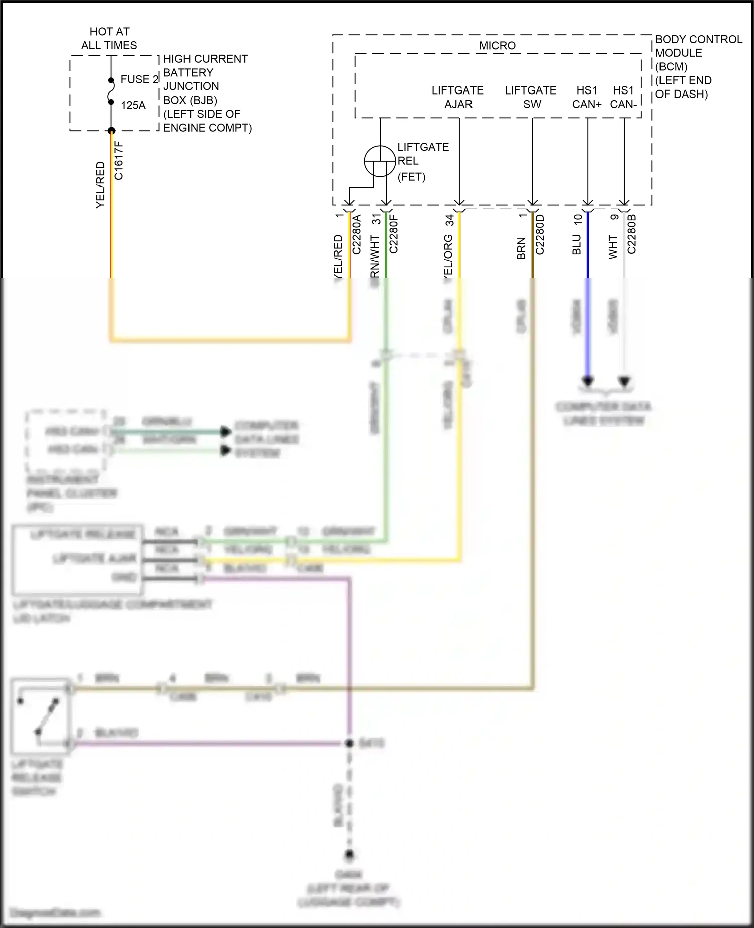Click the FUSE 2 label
(x=139, y=79)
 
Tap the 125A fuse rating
(x=133, y=105)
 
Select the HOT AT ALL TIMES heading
(x=109, y=38)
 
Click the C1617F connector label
(x=119, y=161)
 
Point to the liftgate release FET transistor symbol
(x=380, y=161)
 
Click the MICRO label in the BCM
(x=497, y=46)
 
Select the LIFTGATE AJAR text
(x=457, y=97)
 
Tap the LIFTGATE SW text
(x=531, y=97)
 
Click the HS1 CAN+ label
(x=587, y=97)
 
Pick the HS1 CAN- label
(x=623, y=97)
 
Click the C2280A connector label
(x=357, y=235)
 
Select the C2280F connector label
(x=394, y=234)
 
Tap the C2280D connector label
(x=540, y=235)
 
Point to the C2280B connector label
(x=632, y=234)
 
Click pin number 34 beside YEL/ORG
(x=449, y=220)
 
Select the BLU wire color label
(x=577, y=245)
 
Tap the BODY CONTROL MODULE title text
(x=698, y=46)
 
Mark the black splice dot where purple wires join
(x=350, y=743)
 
